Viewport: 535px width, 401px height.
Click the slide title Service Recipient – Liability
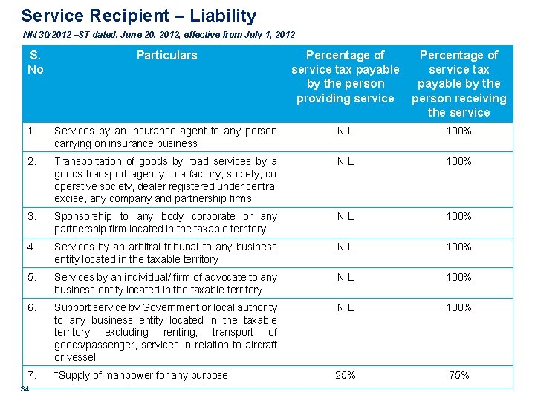tap(138, 16)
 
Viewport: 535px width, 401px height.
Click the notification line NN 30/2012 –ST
tap(159, 35)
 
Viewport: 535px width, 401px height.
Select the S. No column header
tap(35, 62)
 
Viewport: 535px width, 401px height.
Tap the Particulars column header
tap(166, 55)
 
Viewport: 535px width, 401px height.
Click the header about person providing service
tap(345, 76)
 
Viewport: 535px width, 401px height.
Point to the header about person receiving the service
tap(458, 83)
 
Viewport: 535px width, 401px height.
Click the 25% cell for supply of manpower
tap(345, 376)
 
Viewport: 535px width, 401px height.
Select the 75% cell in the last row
tap(458, 376)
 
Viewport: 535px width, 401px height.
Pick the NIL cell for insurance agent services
tap(345, 131)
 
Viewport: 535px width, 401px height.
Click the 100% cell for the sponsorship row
tap(458, 217)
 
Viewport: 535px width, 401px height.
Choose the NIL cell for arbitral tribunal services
tap(345, 247)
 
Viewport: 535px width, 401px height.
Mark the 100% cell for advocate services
tap(458, 278)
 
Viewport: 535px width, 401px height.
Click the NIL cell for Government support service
tap(345, 308)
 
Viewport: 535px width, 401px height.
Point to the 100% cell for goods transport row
tap(458, 162)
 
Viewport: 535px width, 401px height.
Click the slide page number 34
tap(25, 389)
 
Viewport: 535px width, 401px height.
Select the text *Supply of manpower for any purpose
tap(141, 376)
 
